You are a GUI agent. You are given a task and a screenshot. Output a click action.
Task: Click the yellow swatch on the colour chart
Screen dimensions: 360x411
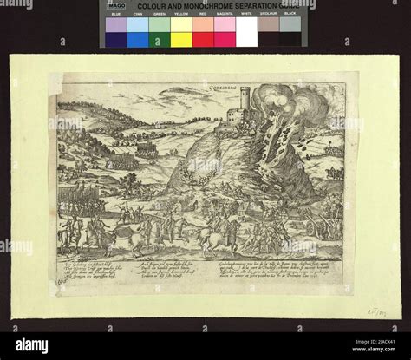click(x=181, y=32)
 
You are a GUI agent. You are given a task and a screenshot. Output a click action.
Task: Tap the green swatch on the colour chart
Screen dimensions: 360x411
click(x=160, y=32)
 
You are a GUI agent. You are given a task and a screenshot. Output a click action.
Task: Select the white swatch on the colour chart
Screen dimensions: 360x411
click(x=246, y=32)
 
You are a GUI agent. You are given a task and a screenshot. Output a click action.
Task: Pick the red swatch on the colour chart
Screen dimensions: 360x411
click(x=203, y=32)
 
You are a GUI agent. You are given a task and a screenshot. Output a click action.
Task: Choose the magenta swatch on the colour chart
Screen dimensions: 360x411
click(x=225, y=32)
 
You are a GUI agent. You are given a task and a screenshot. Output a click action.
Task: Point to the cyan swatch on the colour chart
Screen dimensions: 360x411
click(x=138, y=32)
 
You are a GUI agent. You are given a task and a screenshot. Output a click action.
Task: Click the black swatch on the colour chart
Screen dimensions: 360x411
click(x=290, y=32)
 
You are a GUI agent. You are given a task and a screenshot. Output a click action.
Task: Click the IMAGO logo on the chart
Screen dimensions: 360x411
click(x=116, y=6)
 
